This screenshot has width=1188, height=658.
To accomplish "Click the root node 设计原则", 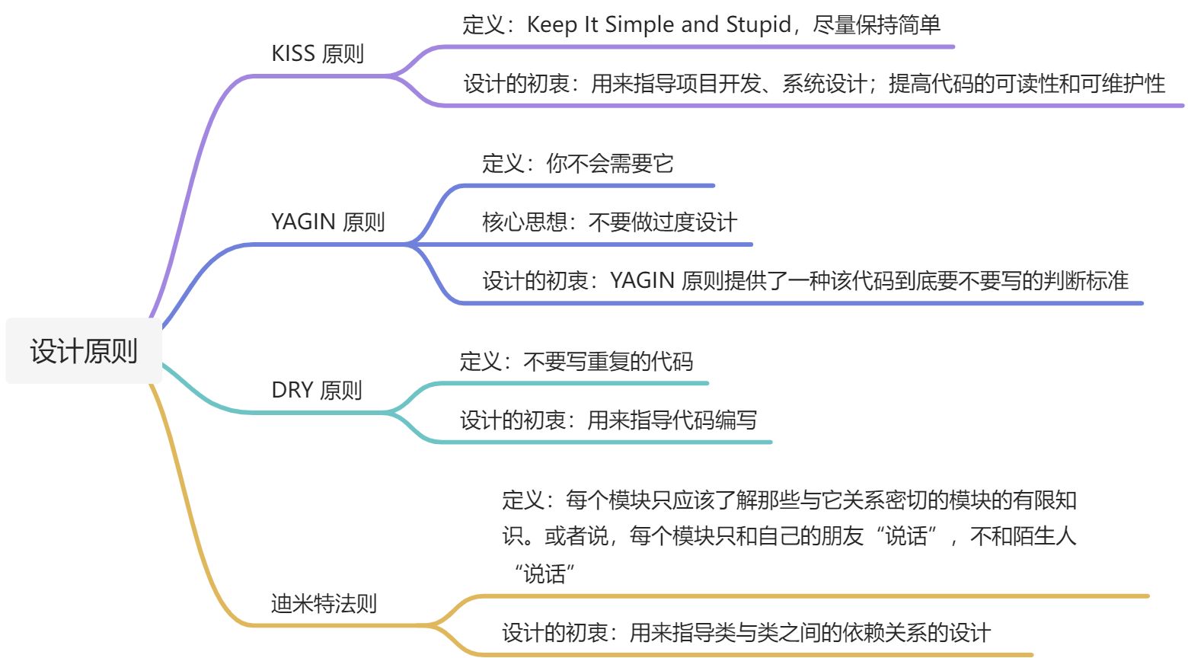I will (84, 351).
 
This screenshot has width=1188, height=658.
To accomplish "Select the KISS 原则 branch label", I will (318, 54).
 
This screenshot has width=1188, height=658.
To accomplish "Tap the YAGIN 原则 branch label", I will (328, 222).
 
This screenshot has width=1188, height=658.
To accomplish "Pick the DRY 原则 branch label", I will (317, 390).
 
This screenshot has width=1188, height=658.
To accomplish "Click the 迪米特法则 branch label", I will (324, 604).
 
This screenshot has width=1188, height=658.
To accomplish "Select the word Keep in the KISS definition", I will (551, 25).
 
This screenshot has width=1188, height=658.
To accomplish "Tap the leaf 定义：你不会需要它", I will (577, 163).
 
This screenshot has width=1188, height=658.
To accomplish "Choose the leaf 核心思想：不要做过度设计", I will (609, 222).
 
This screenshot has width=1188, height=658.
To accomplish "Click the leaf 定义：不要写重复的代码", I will (576, 361).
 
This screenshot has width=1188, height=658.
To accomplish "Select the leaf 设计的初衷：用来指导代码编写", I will (608, 420).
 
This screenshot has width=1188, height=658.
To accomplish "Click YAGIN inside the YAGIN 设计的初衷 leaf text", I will (642, 281).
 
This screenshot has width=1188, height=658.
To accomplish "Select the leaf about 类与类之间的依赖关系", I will (746, 632).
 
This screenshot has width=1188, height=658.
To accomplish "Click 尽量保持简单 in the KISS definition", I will (877, 25).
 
